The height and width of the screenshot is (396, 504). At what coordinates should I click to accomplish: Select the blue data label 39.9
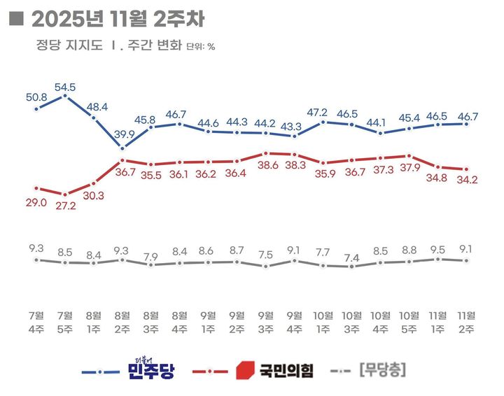(x=122, y=134)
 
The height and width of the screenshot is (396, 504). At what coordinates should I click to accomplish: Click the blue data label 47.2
(x=323, y=112)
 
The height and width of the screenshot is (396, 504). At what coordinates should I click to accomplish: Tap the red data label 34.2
(x=467, y=181)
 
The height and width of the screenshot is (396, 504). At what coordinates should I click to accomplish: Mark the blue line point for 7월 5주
(x=65, y=95)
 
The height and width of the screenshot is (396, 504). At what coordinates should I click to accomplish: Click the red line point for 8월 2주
(x=122, y=161)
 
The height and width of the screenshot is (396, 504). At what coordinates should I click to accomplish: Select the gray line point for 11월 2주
(x=467, y=260)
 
